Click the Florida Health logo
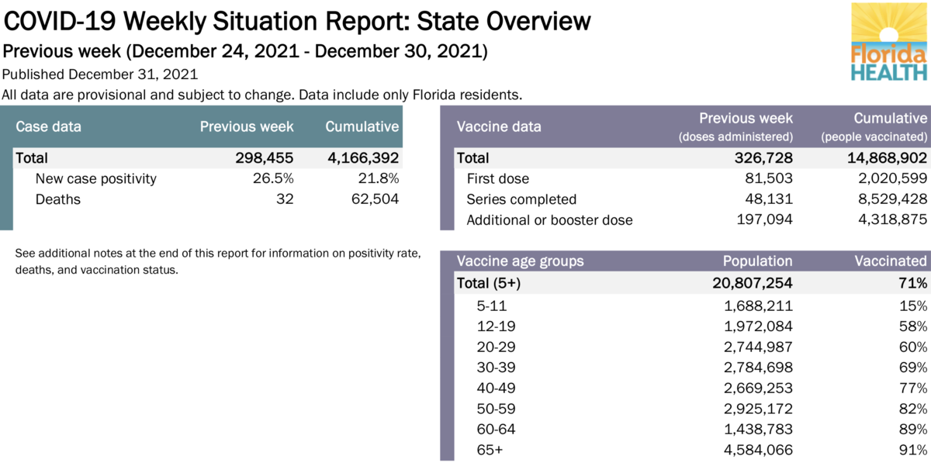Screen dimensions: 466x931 (x=889, y=43)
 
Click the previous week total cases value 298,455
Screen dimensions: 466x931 (x=264, y=158)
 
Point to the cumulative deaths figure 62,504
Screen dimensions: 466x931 (x=373, y=199)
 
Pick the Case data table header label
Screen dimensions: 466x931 (x=48, y=126)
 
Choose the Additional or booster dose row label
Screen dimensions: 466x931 (x=549, y=220)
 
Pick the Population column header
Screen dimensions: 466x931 (x=757, y=261)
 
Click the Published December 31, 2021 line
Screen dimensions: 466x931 (x=100, y=75)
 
